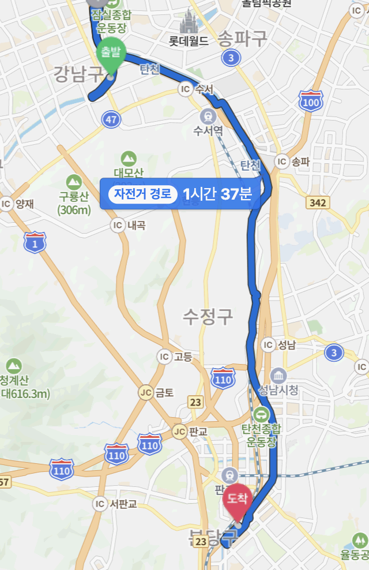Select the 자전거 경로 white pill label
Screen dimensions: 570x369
[142, 193]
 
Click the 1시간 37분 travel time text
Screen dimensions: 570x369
[217, 193]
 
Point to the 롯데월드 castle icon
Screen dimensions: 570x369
[188, 24]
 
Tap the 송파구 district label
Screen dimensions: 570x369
[243, 39]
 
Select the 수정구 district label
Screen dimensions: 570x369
[208, 315]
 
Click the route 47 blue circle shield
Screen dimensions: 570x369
[111, 119]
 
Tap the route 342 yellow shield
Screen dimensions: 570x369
[318, 202]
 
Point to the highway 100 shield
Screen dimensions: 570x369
[312, 102]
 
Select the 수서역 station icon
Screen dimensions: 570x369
[208, 115]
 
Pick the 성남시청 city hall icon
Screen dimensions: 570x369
[279, 375]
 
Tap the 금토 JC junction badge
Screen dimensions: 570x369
[147, 392]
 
